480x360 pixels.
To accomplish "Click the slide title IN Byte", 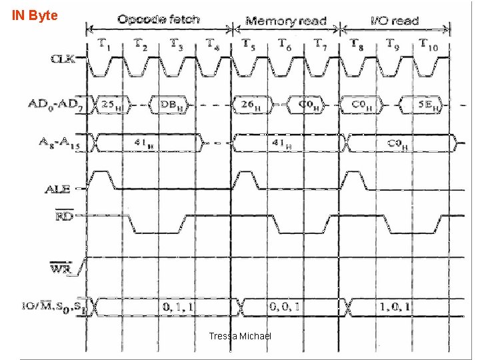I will [35, 14].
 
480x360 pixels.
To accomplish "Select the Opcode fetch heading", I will [158, 19].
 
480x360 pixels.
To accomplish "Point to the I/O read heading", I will [395, 21].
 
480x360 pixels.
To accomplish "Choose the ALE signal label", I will [58, 189].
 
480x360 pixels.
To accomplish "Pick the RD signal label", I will [64, 217].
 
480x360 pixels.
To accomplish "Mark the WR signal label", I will [61, 269].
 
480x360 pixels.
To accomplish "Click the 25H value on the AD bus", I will [109, 105].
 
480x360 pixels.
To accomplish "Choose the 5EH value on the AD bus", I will [427, 105].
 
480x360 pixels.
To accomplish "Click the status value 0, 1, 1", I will [178, 307].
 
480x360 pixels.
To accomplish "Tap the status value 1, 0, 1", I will [395, 307].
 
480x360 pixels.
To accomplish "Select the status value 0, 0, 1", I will [284, 307].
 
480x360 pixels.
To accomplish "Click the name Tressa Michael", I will [240, 336].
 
